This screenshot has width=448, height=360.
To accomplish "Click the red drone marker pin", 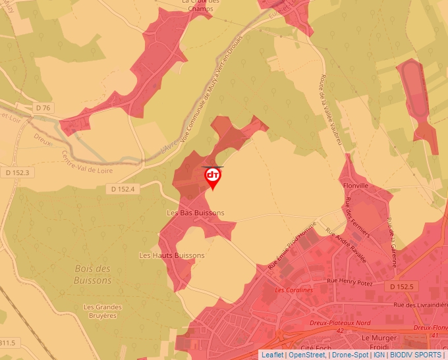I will click(x=213, y=177).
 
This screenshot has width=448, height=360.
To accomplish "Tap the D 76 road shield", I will click(x=43, y=107).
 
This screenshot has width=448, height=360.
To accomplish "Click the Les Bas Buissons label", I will click(x=196, y=213).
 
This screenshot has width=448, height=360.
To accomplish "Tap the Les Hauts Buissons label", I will click(x=172, y=255).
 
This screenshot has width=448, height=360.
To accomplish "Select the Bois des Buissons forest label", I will click(x=93, y=274).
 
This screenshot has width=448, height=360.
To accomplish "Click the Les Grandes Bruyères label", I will click(x=100, y=311).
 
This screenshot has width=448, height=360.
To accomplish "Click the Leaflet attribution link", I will click(x=272, y=355).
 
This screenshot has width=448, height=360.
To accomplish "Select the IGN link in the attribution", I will click(x=379, y=355).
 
